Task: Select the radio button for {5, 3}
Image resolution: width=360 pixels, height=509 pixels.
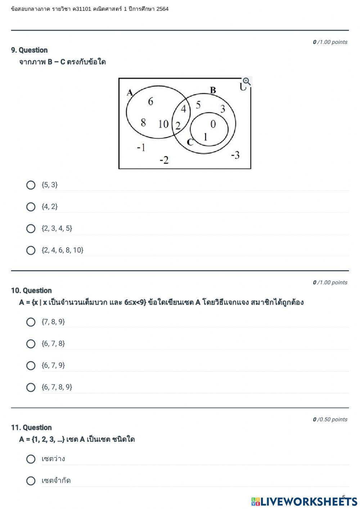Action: (31, 185)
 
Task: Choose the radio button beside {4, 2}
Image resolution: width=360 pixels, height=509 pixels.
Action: (31, 207)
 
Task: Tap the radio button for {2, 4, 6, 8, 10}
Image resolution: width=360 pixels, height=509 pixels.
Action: (31, 250)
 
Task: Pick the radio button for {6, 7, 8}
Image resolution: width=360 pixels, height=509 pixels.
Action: (31, 344)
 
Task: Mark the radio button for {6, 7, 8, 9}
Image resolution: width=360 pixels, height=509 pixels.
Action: (31, 387)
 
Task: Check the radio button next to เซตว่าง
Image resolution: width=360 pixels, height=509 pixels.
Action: (31, 459)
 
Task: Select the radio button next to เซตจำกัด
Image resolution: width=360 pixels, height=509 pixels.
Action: (31, 481)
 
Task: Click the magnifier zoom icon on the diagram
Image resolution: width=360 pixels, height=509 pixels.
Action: (247, 81)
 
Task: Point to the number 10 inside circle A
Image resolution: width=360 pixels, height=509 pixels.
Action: (163, 124)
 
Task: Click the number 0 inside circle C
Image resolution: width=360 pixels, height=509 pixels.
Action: (213, 124)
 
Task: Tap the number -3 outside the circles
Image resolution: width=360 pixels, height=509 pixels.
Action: (235, 155)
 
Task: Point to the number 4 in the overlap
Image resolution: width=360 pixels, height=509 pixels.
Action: (184, 108)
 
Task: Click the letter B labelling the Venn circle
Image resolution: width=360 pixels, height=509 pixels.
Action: (213, 90)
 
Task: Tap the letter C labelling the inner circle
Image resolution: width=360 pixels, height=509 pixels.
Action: (190, 142)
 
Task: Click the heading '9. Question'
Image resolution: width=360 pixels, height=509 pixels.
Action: (30, 50)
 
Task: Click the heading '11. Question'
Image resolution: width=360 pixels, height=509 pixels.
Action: (31, 428)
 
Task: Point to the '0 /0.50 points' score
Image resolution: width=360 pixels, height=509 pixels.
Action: (330, 419)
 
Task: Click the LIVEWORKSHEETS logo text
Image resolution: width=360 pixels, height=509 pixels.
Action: (308, 501)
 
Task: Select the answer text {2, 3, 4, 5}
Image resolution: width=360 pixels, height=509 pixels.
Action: (57, 228)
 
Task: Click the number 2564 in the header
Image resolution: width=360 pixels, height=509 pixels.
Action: (162, 9)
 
